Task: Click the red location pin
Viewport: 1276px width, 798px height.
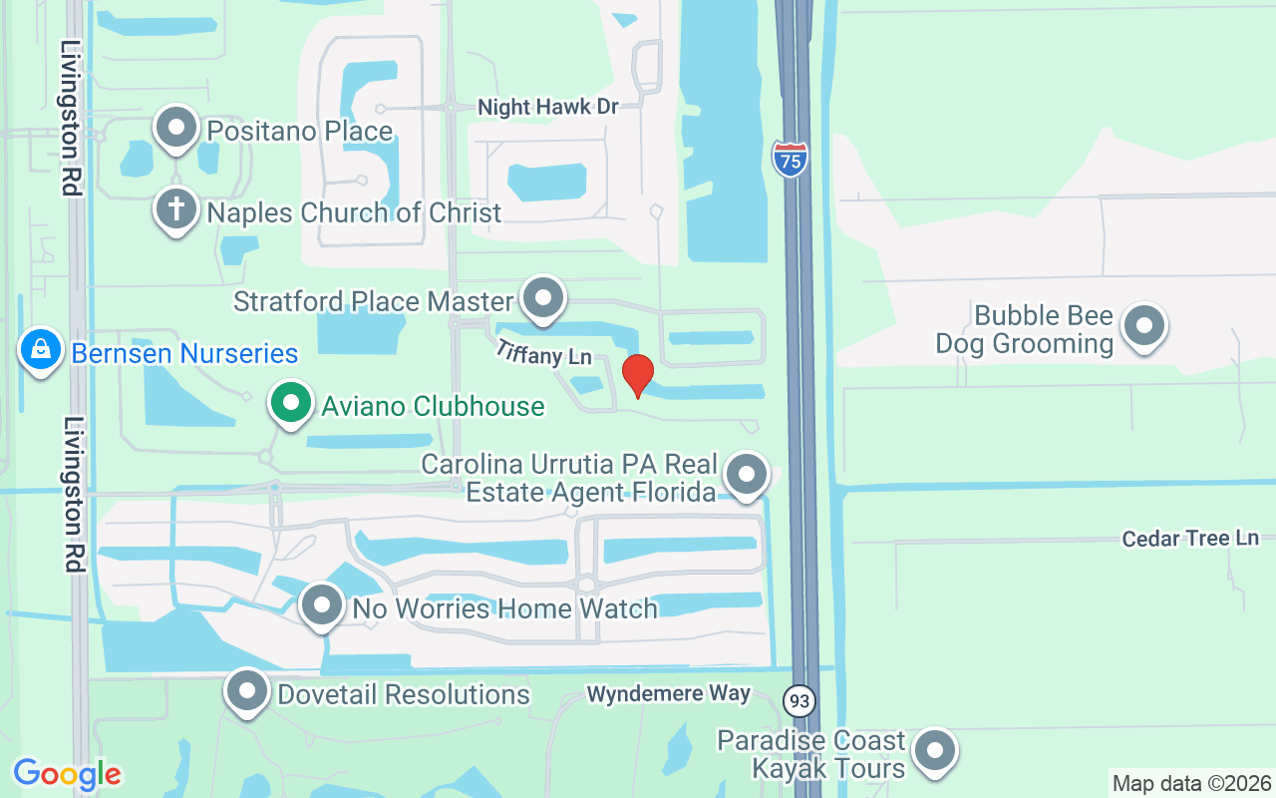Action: (637, 375)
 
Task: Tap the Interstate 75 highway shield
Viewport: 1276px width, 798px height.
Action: (790, 159)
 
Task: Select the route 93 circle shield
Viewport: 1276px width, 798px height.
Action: (798, 700)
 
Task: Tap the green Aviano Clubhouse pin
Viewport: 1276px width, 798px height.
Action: (290, 404)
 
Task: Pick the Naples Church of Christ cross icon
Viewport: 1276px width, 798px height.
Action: (176, 209)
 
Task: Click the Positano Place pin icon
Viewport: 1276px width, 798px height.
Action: (177, 128)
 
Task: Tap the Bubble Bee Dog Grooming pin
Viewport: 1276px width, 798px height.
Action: (1143, 325)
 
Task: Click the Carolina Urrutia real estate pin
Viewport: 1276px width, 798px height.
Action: (746, 475)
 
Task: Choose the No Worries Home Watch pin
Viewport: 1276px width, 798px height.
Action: (322, 604)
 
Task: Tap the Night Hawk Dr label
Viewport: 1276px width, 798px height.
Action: (548, 107)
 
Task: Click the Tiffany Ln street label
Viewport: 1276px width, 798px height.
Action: (545, 351)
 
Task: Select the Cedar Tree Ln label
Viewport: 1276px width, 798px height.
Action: (1190, 539)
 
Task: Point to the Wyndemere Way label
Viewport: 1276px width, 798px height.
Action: (668, 693)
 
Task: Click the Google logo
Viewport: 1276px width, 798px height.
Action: (67, 774)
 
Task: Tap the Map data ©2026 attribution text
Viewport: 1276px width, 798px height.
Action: (1192, 783)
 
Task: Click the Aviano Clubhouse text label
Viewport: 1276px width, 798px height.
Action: (433, 406)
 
